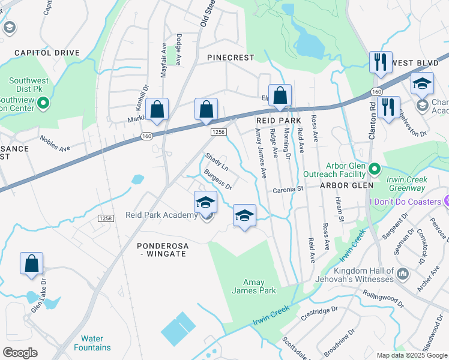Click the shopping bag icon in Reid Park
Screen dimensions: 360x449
pyautogui.click(x=280, y=95)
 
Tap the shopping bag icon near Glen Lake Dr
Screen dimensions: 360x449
pyautogui.click(x=31, y=263)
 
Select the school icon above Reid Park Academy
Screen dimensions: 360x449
pyautogui.click(x=205, y=202)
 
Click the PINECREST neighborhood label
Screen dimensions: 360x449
pyautogui.click(x=231, y=58)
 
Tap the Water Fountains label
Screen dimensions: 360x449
pyautogui.click(x=92, y=343)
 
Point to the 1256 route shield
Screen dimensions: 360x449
pyautogui.click(x=218, y=131)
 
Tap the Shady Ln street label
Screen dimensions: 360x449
pyautogui.click(x=217, y=162)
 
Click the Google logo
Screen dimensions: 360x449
pyautogui.click(x=20, y=353)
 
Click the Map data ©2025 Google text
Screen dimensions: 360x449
pyautogui.click(x=411, y=355)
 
